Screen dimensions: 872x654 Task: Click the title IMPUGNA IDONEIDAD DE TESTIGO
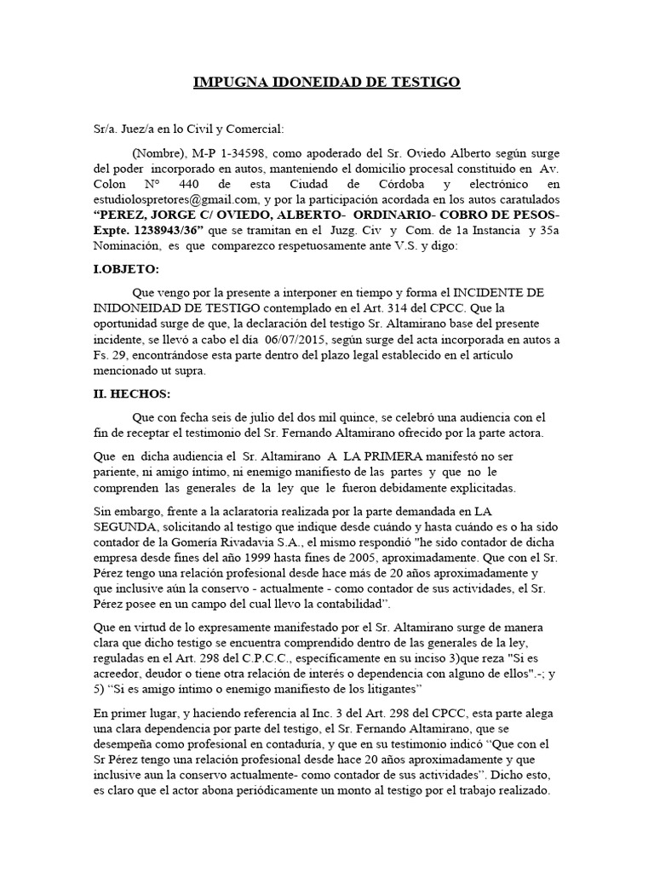tap(327, 82)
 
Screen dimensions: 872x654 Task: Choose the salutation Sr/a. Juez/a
tap(134, 128)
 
